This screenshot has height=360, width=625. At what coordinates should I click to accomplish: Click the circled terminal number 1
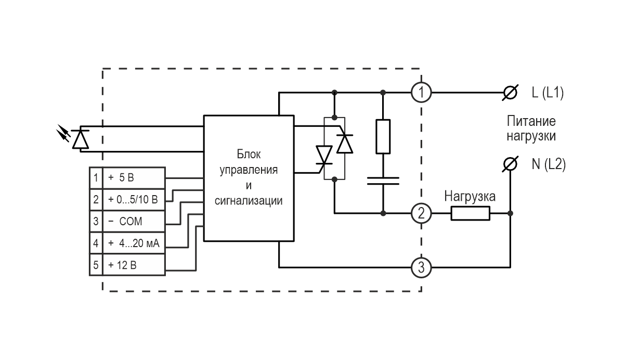(x=421, y=93)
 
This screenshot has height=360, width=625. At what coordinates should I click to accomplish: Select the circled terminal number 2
(x=421, y=213)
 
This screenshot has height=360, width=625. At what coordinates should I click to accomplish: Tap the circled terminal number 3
(x=421, y=268)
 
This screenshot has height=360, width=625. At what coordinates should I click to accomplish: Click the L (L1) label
(x=548, y=93)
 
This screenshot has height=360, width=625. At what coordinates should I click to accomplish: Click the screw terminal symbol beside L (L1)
(x=511, y=93)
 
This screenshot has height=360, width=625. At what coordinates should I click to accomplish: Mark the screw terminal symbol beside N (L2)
(x=511, y=165)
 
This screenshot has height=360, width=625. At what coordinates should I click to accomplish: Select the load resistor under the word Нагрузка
(x=470, y=213)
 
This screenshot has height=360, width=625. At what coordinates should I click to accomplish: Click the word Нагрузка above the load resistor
(x=470, y=197)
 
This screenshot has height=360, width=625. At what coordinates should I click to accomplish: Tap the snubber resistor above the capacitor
(x=383, y=136)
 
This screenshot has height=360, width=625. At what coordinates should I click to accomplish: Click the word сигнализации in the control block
(x=248, y=200)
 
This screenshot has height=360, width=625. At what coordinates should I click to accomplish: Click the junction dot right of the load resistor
(x=511, y=213)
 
